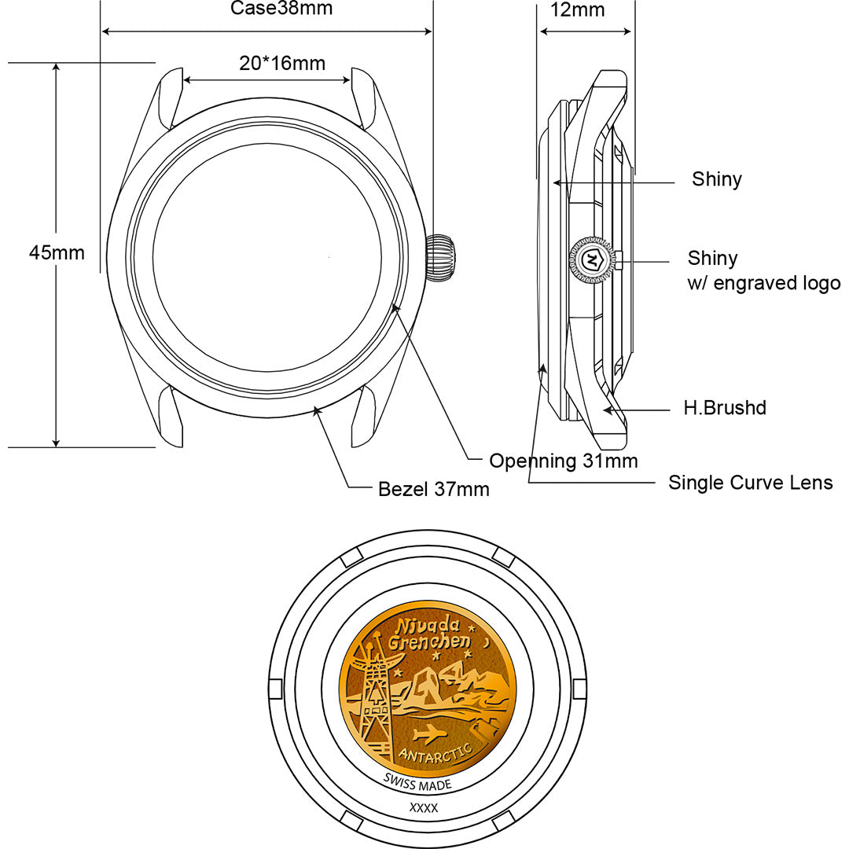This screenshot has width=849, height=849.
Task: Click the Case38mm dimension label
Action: [x=281, y=9]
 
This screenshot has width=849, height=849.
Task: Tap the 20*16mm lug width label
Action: [x=282, y=64]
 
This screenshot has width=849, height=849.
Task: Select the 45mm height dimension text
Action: [x=57, y=252]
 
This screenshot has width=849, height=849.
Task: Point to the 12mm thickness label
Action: [x=578, y=10]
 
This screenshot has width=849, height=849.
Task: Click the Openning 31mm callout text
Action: [x=563, y=461]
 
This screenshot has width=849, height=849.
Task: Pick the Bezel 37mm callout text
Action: [x=434, y=489]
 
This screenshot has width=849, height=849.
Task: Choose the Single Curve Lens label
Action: [x=750, y=482]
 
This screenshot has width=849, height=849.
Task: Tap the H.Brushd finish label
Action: [x=724, y=408]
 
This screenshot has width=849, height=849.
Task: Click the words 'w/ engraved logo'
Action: [x=763, y=283]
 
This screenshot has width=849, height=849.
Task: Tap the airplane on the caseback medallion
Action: [x=428, y=735]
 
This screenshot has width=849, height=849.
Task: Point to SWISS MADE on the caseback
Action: [x=417, y=784]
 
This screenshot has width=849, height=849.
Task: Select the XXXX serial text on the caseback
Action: [x=424, y=807]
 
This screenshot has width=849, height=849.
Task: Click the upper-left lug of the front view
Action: [x=169, y=98]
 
